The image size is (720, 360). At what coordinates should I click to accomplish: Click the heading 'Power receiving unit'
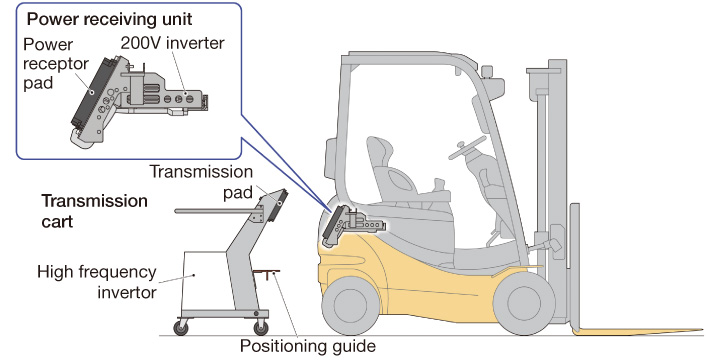tap(109, 20)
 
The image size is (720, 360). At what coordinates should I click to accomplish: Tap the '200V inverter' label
tap(173, 43)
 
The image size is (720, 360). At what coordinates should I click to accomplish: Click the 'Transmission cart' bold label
tap(94, 211)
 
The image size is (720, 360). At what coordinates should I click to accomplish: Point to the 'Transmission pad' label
tap(201, 182)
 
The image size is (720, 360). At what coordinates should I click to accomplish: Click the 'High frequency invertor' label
tap(97, 281)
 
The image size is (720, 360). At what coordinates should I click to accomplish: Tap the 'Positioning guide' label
tap(307, 345)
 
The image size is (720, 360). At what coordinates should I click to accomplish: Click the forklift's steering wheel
tap(467, 147)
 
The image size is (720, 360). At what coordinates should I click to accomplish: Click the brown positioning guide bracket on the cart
tap(266, 273)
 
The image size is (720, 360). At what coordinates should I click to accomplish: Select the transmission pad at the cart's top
tap(280, 204)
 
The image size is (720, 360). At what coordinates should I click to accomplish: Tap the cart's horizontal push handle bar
tap(216, 211)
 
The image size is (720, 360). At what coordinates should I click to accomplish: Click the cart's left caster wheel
tap(180, 327)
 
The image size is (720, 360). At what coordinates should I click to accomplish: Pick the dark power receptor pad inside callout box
tap(90, 94)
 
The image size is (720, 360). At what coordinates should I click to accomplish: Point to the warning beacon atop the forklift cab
tap(487, 73)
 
